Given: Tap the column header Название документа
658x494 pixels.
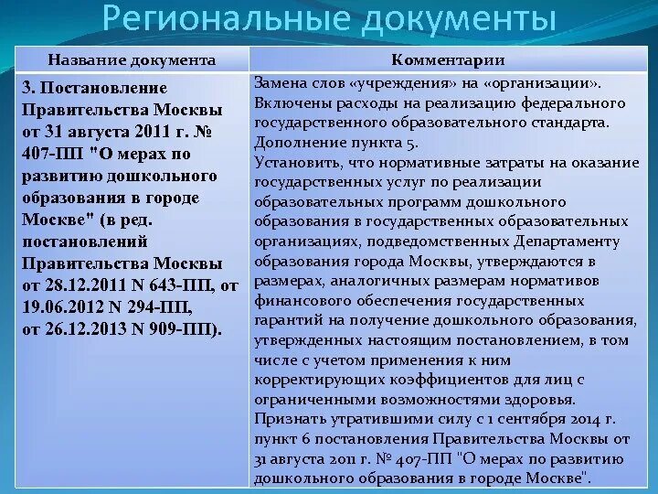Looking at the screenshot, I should (132, 60).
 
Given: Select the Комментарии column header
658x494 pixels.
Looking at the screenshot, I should (448, 60).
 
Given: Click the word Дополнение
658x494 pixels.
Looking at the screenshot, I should (298, 143).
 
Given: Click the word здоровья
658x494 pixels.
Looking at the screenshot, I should (539, 400).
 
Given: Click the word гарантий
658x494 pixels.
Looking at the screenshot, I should (286, 320).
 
